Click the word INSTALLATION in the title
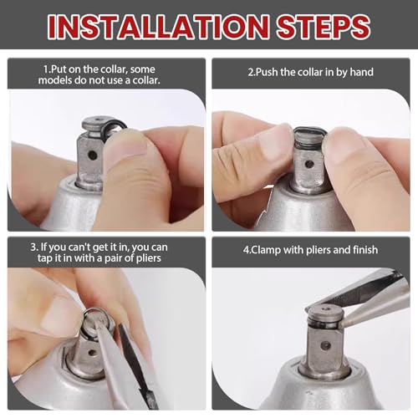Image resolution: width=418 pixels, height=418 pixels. point(159,27)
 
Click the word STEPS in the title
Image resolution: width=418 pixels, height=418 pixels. point(324,27)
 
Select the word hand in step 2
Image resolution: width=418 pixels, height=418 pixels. point(362,72)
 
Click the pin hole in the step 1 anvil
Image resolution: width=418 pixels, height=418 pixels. point(92,155)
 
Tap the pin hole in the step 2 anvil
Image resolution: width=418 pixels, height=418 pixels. point(308,164)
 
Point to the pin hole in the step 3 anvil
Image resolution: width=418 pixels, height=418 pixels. point(92,353)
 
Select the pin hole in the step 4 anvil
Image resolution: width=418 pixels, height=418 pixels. point(325,346)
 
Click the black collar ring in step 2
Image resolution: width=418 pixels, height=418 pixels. point(308,131)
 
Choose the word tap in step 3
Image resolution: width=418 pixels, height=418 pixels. point(44,258)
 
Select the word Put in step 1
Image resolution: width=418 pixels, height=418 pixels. point(59,69)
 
